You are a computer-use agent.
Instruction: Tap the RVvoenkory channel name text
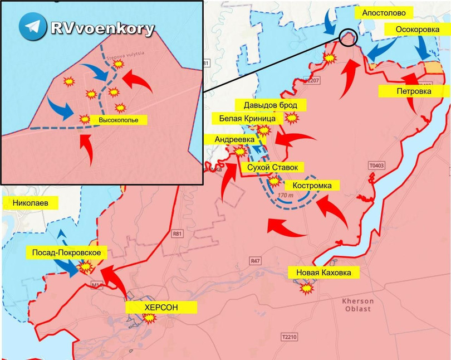point(101,29)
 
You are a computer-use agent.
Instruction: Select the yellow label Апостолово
point(388,12)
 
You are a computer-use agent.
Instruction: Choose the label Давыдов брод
point(266,105)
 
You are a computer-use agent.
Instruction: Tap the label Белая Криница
point(244,118)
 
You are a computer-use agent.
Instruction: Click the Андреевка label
point(229,139)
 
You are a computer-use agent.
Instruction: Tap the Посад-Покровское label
point(66,253)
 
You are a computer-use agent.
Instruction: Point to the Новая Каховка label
point(323,272)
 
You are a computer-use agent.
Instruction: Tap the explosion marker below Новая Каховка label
point(305,288)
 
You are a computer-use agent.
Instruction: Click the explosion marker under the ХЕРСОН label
point(149,318)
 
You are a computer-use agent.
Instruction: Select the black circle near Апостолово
point(348,37)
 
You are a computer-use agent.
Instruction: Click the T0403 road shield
point(376,166)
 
